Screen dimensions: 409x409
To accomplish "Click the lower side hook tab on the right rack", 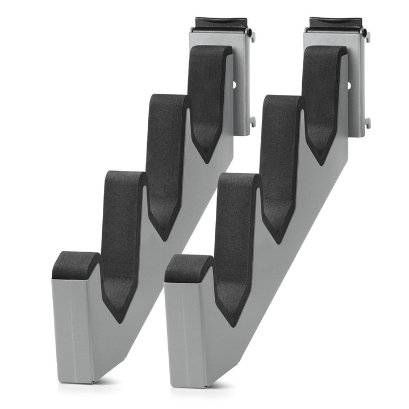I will [x=368, y=122].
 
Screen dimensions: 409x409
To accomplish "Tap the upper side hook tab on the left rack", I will [x=252, y=36].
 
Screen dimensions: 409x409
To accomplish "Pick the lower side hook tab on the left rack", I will [x=252, y=122].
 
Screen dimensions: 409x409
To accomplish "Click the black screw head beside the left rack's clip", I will [x=249, y=33].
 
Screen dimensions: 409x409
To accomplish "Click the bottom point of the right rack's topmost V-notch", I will [x=322, y=162].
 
